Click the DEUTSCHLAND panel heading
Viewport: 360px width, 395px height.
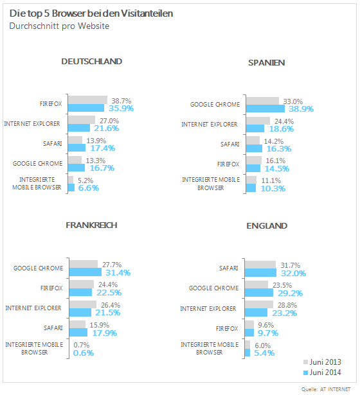tap(92, 62)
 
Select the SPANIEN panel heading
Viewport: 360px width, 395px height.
tap(267, 63)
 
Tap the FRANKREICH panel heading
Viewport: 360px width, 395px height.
tap(91, 225)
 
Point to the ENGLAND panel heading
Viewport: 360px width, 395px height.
tap(267, 225)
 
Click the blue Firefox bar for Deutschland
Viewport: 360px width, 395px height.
tap(86, 108)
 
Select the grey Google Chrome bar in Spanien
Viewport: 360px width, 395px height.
tap(263, 101)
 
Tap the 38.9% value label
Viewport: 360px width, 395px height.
tap(301, 109)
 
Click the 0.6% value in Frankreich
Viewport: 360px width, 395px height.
tap(84, 353)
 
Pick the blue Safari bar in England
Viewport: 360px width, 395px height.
tap(260, 273)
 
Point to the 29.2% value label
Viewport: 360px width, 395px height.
tap(290, 294)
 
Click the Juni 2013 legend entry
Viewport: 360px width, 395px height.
tap(322, 362)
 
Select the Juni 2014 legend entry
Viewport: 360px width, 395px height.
tap(322, 373)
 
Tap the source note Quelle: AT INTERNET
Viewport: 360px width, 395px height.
tap(326, 389)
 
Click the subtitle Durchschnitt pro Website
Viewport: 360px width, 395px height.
tap(59, 26)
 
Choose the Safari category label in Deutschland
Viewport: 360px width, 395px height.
tap(53, 144)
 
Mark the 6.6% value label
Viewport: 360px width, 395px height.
tap(89, 188)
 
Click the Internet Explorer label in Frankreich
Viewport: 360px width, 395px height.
tap(33, 308)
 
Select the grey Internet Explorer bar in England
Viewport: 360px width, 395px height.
tap(259, 304)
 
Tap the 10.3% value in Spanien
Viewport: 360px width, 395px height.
tap(273, 189)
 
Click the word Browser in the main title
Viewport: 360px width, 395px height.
tap(69, 13)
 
